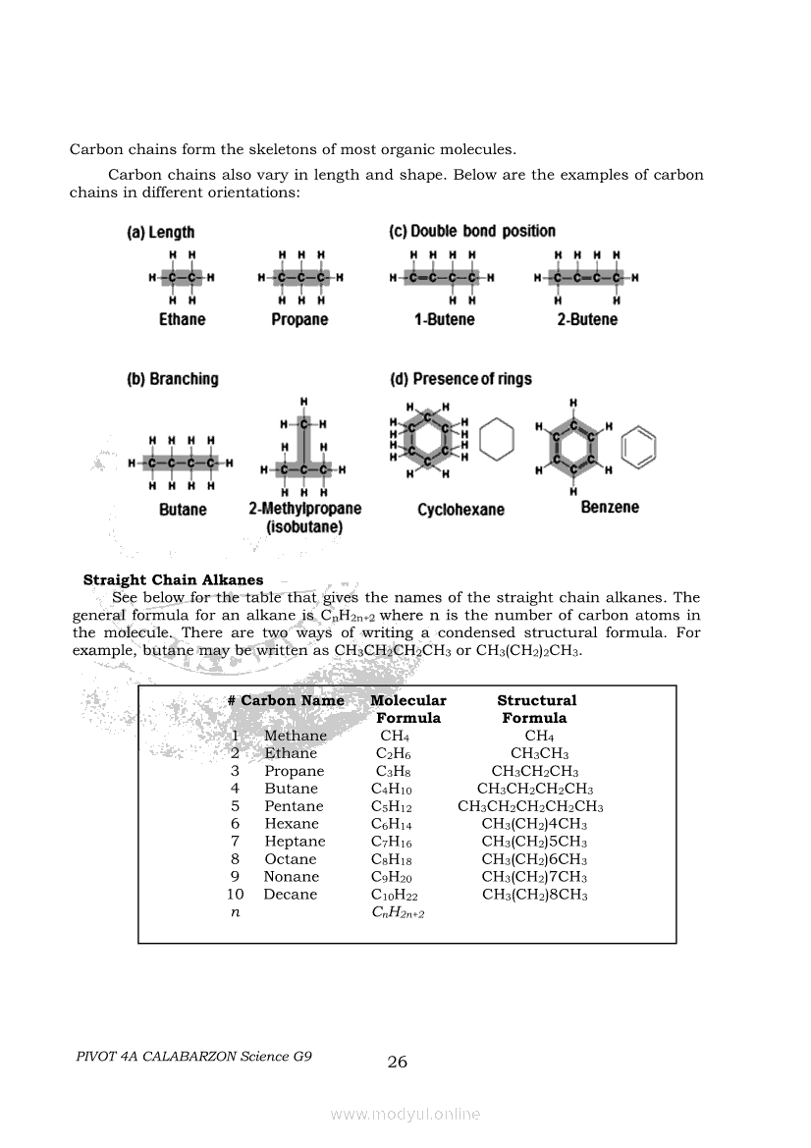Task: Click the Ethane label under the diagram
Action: click(x=183, y=320)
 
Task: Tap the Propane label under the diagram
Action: click(x=299, y=320)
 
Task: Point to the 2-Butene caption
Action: click(x=587, y=320)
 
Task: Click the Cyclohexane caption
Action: click(x=460, y=510)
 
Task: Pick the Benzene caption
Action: click(x=610, y=507)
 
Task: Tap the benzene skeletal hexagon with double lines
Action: click(x=639, y=446)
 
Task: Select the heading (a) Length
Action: click(x=161, y=233)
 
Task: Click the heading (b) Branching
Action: click(x=173, y=379)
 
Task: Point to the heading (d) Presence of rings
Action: click(x=460, y=379)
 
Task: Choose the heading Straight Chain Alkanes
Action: click(x=173, y=580)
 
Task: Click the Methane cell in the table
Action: click(x=296, y=736)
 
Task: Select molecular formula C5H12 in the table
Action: click(x=392, y=807)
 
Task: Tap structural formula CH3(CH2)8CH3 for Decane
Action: click(x=535, y=895)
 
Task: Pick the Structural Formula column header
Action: click(x=536, y=709)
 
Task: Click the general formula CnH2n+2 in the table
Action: click(x=397, y=913)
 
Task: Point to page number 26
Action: click(x=398, y=1062)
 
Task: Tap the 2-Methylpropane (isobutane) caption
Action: click(x=304, y=518)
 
